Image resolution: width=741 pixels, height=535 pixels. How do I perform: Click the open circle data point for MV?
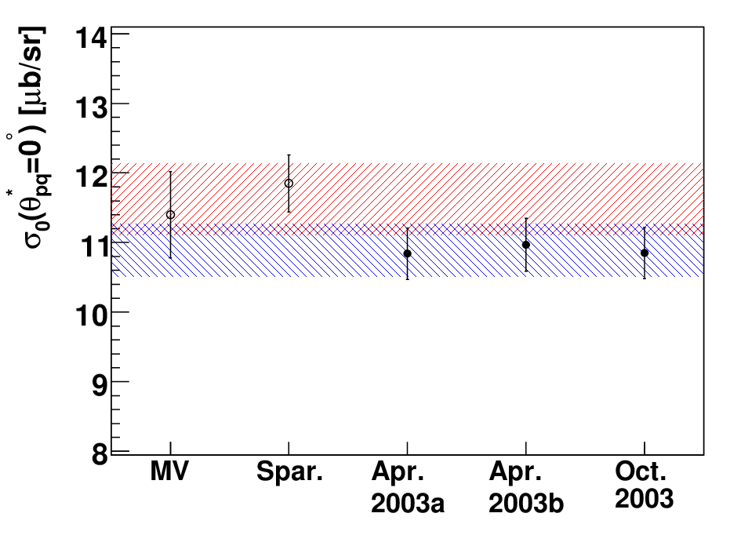(171, 215)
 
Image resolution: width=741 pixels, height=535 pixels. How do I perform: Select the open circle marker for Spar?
(289, 184)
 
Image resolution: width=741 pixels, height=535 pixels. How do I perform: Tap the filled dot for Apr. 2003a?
(408, 254)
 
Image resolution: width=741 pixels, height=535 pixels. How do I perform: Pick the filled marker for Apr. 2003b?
(526, 245)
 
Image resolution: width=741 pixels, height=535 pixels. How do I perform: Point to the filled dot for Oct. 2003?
(645, 253)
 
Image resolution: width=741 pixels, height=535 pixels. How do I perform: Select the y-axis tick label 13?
(92, 107)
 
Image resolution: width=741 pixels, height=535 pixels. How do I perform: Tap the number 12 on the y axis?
(92, 177)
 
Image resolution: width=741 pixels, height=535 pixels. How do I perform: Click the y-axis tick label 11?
(92, 246)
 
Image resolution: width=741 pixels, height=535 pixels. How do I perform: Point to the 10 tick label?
(92, 315)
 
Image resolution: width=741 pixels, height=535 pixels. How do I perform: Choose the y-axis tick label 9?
(100, 386)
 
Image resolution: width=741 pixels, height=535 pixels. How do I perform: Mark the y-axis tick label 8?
(100, 455)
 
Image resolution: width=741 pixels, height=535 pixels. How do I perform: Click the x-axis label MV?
(169, 471)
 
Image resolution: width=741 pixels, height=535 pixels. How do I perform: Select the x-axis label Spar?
(289, 472)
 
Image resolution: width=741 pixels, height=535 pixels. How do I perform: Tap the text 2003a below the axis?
(408, 503)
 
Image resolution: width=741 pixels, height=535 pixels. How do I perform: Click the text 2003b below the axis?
(526, 503)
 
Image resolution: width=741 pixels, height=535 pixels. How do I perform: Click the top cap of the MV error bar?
(171, 172)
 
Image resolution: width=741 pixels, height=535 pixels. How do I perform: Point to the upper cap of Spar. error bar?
(289, 155)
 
